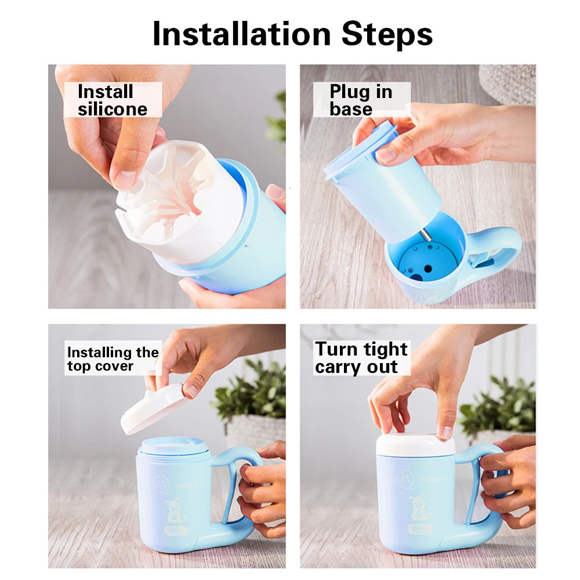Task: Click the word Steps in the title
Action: [387, 35]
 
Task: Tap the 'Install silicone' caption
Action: [113, 100]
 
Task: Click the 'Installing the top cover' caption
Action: [113, 359]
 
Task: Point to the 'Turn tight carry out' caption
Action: [361, 358]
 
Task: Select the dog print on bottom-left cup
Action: [173, 511]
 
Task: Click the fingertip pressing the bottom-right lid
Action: [445, 432]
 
